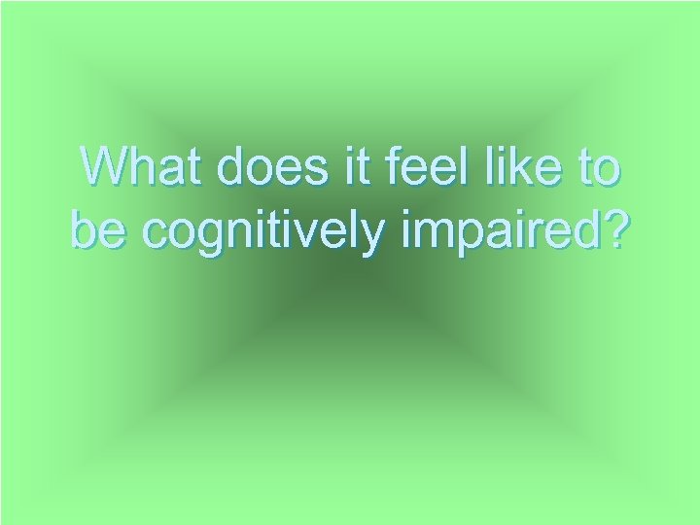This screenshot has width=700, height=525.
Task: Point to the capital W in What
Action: click(106, 168)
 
